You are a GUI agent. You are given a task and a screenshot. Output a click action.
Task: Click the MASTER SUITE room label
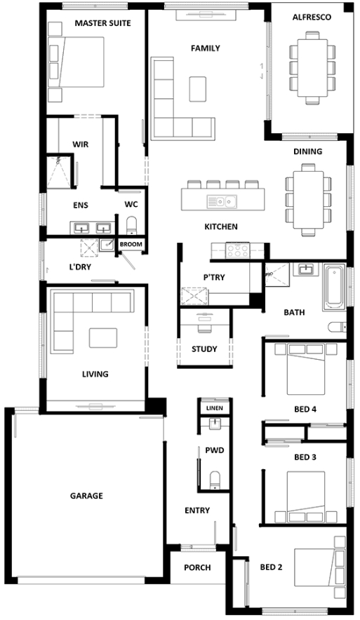coord(103,23)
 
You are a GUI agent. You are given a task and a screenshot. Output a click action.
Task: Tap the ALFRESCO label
coord(312,18)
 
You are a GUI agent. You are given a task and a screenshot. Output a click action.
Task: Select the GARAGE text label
coord(86,495)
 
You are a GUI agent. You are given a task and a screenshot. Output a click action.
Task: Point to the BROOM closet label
coord(131,244)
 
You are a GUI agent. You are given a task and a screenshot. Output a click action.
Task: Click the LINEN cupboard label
coord(215,407)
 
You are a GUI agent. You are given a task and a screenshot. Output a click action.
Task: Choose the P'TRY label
coord(214,278)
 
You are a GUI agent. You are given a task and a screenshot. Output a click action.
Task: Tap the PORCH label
coord(197,567)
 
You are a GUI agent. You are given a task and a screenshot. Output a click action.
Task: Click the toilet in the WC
coord(131,225)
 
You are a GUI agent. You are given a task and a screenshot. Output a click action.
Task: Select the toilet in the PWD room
coord(215,480)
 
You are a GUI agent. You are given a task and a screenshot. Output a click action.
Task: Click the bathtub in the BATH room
coord(334,287)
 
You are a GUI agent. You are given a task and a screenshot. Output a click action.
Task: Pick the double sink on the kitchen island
coord(221,202)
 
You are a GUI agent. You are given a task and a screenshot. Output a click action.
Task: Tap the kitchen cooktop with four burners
coord(237,250)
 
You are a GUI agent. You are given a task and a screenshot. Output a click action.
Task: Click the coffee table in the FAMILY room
coord(197,89)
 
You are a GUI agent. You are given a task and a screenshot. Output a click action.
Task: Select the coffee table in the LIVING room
coord(103,337)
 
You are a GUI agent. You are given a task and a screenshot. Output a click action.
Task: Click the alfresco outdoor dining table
coord(312,67)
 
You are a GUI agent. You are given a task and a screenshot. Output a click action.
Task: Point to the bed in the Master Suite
coord(76,62)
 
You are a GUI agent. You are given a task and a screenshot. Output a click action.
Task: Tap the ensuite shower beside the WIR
coord(60,171)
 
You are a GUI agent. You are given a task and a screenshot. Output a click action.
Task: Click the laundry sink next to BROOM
coord(107,245)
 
